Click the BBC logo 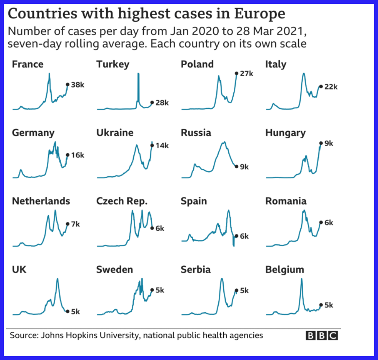pyautogui.click(x=322, y=336)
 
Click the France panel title pyautogui.click(x=28, y=64)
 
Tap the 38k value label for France pyautogui.click(x=78, y=85)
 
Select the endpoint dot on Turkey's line pyautogui.click(x=152, y=103)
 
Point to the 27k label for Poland pyautogui.click(x=247, y=74)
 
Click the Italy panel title pyautogui.click(x=276, y=64)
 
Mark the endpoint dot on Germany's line pyautogui.click(x=67, y=155)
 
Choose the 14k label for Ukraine pyautogui.click(x=162, y=146)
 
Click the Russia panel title pyautogui.click(x=196, y=133)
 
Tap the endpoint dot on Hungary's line pyautogui.click(x=321, y=143)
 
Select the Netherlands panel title pyautogui.click(x=41, y=201)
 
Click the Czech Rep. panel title pyautogui.click(x=122, y=201)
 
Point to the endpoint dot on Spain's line pyautogui.click(x=237, y=236)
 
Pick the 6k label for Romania pyautogui.click(x=329, y=222)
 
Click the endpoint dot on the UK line pyautogui.click(x=67, y=311)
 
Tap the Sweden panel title pyautogui.click(x=115, y=270)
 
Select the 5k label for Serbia pyautogui.click(x=245, y=291)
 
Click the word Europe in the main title pyautogui.click(x=260, y=14)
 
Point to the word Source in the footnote pyautogui.click(x=24, y=335)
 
